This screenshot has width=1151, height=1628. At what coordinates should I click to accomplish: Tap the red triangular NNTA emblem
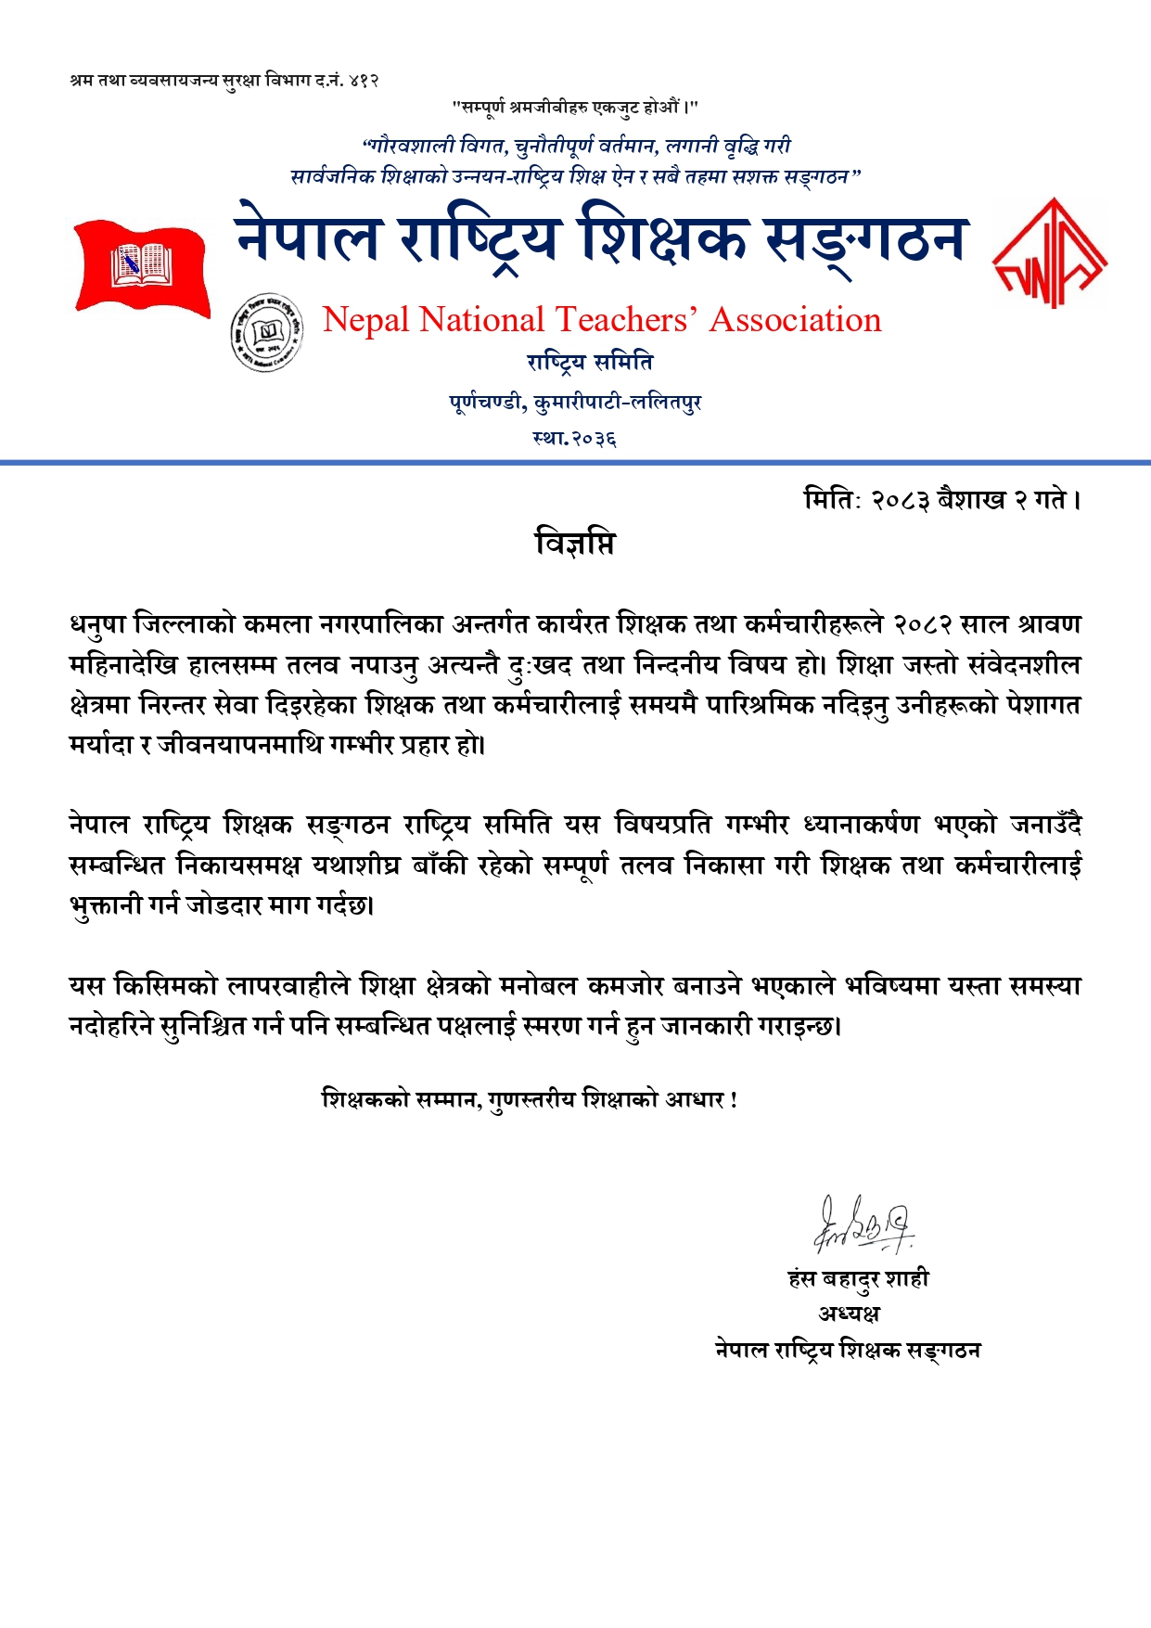(x=1049, y=254)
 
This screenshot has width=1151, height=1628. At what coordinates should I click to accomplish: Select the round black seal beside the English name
(x=266, y=331)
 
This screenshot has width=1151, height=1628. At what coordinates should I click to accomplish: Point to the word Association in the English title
(x=795, y=320)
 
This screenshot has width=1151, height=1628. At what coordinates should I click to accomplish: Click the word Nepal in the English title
(x=365, y=320)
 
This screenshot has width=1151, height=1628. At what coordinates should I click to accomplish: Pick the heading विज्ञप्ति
(x=575, y=543)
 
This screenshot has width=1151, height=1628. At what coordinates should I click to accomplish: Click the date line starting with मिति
(x=942, y=500)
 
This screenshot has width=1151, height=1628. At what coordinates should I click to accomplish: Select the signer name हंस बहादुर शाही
(x=858, y=1279)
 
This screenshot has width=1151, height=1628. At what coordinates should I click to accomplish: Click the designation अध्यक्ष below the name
(x=849, y=1314)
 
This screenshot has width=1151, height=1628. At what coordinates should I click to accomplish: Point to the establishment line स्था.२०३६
(x=575, y=438)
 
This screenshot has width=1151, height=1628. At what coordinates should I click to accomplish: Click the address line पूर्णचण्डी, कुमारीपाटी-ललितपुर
(x=575, y=403)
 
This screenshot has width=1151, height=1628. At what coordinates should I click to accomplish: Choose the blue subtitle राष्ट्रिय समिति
(x=590, y=362)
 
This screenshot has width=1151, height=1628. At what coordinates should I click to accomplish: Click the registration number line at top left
(x=224, y=81)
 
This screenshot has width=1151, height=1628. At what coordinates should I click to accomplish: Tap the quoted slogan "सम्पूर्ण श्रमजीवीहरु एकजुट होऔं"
(x=575, y=108)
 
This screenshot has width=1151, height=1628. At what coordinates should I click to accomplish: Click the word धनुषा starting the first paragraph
(x=96, y=625)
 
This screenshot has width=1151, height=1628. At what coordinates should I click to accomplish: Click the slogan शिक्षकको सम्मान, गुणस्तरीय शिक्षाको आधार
(x=530, y=1100)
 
